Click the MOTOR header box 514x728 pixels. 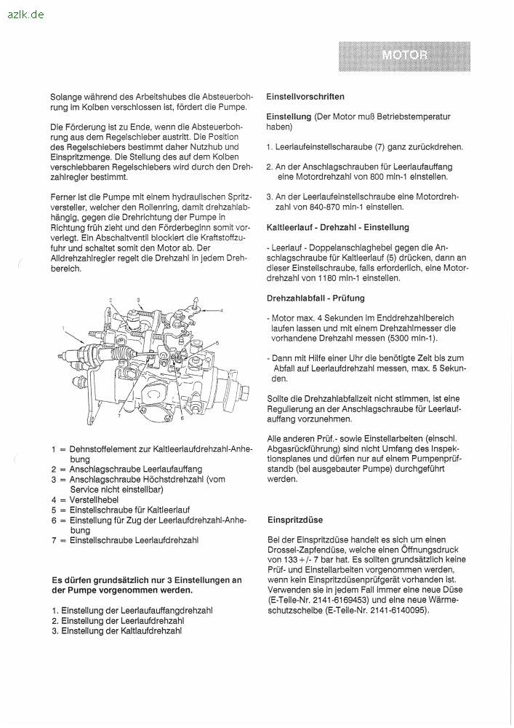404,56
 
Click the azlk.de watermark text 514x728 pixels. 23,14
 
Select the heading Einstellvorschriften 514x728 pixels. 305,96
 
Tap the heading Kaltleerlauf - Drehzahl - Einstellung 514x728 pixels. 338,227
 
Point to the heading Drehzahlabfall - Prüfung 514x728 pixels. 316,298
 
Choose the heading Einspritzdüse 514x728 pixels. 294,520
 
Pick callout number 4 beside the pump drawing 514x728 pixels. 222,310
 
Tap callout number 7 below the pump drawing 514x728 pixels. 119,415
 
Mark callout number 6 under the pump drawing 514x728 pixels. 182,418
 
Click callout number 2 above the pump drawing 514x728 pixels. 111,300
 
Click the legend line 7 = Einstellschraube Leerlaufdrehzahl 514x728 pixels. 124,540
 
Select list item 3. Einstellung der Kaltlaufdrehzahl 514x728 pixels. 116,630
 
